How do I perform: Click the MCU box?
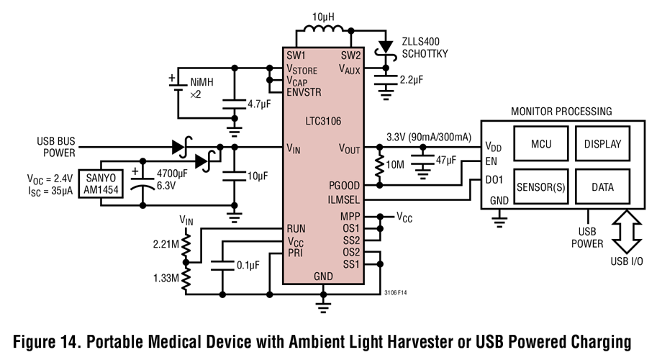(x=540, y=143)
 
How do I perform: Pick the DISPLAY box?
(x=602, y=143)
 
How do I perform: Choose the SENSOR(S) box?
(x=540, y=186)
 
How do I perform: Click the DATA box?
(x=602, y=186)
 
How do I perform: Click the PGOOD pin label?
(x=343, y=185)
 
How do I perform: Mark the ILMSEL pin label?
(x=343, y=199)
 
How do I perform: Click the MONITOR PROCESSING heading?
(x=561, y=112)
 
